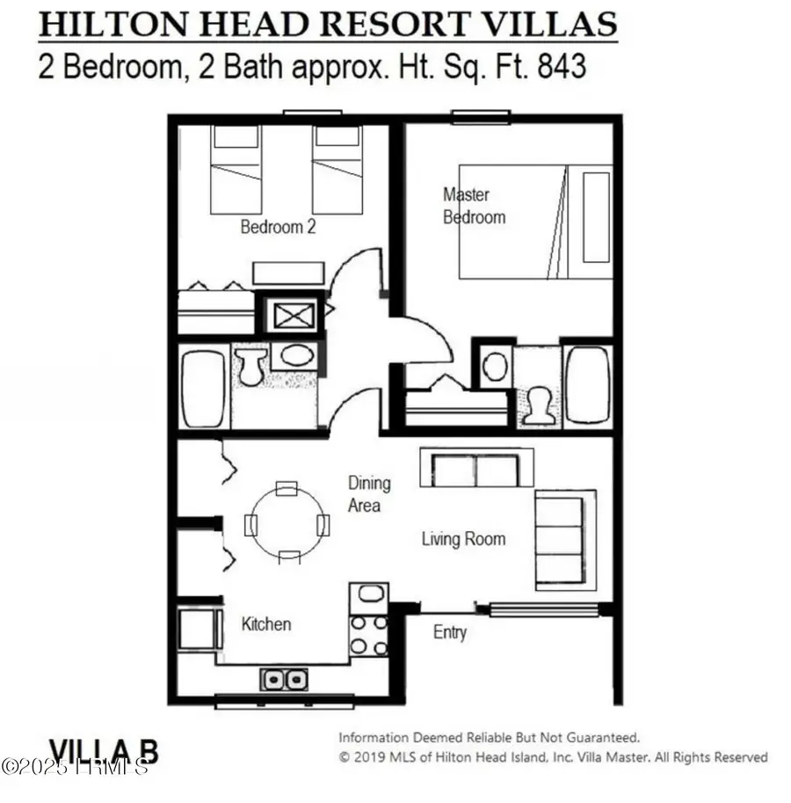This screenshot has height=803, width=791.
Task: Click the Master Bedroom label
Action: pos(474,205)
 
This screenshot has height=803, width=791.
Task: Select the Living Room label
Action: pos(463,539)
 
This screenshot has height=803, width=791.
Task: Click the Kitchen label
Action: pos(266,624)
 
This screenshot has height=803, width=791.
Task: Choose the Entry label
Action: pos(450,632)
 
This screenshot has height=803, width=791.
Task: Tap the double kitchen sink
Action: pos(283,679)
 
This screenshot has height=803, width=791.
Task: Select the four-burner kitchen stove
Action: pos(369,633)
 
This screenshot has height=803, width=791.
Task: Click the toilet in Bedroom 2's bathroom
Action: pos(250,365)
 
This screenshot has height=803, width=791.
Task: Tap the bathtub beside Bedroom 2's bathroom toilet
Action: pos(202,388)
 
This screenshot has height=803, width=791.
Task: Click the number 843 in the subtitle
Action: pos(557,67)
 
